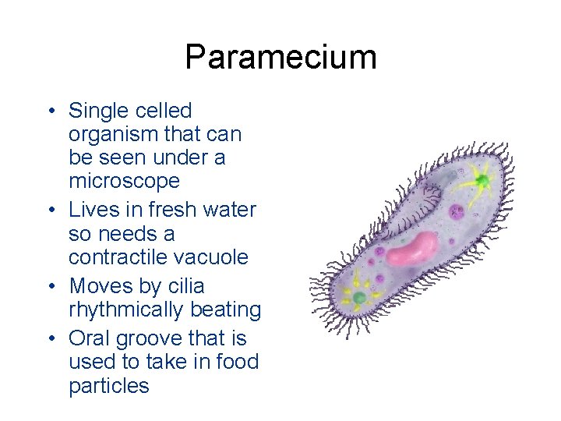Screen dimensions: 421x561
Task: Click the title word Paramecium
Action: pos(280,57)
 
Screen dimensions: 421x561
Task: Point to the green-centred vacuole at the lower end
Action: pos(359,297)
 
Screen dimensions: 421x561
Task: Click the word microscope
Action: pos(124,182)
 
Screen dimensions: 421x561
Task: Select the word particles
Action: pos(108,386)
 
